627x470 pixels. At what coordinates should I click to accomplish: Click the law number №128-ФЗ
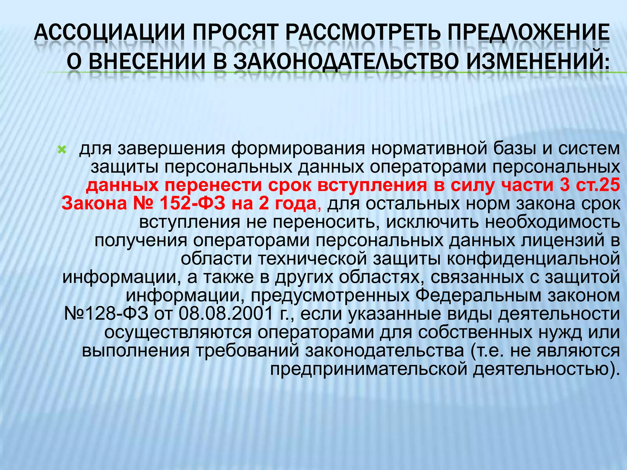(106, 314)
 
